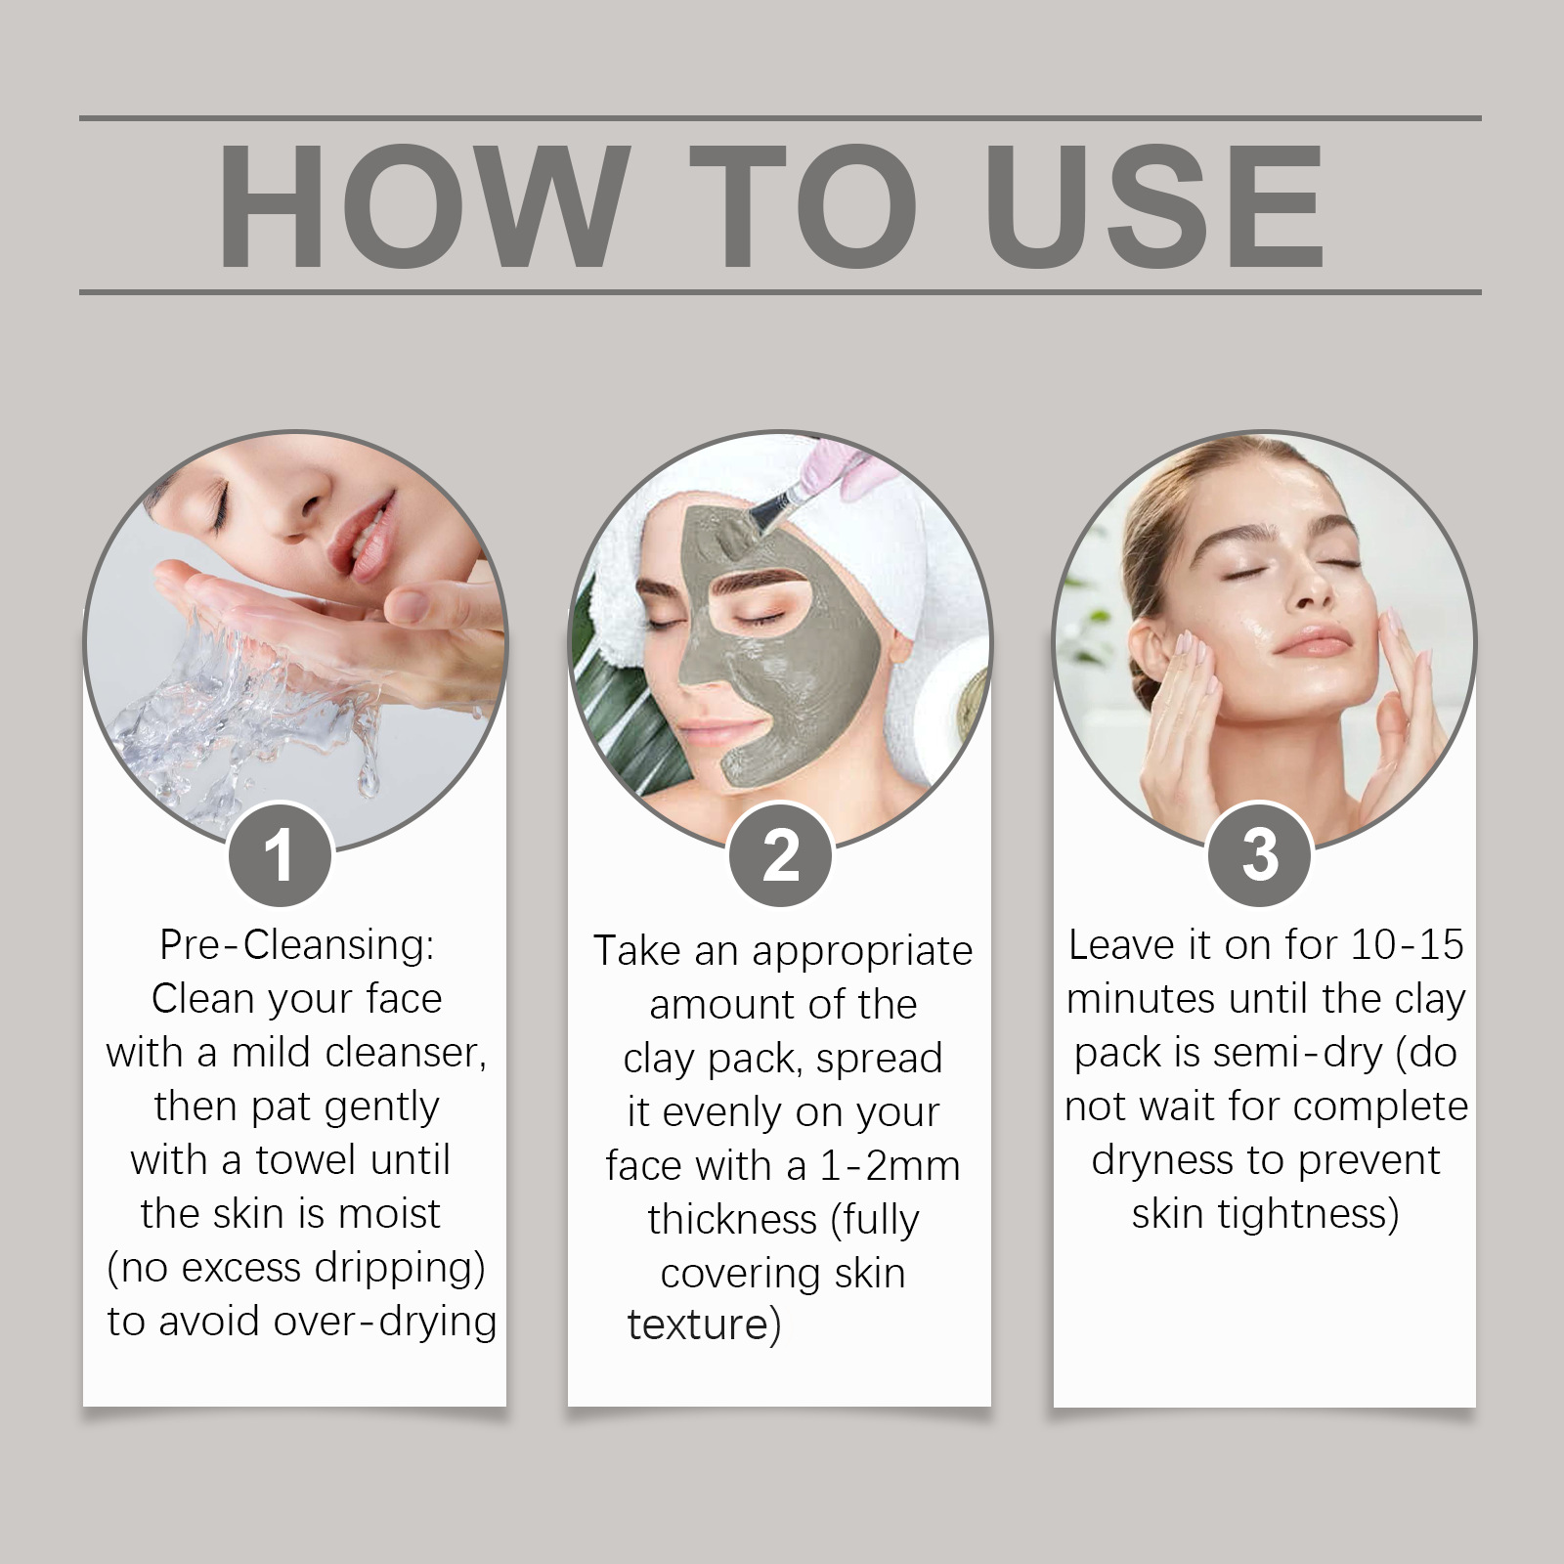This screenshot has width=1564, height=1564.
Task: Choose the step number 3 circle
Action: [1260, 855]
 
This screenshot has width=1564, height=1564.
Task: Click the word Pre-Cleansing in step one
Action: [296, 945]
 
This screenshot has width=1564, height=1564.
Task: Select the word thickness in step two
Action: [732, 1220]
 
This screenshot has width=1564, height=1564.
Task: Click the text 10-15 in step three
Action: [1408, 945]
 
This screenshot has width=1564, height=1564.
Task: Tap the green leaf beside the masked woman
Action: [626, 704]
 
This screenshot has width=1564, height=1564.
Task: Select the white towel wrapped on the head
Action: [880, 547]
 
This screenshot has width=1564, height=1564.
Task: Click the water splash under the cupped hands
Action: [244, 714]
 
